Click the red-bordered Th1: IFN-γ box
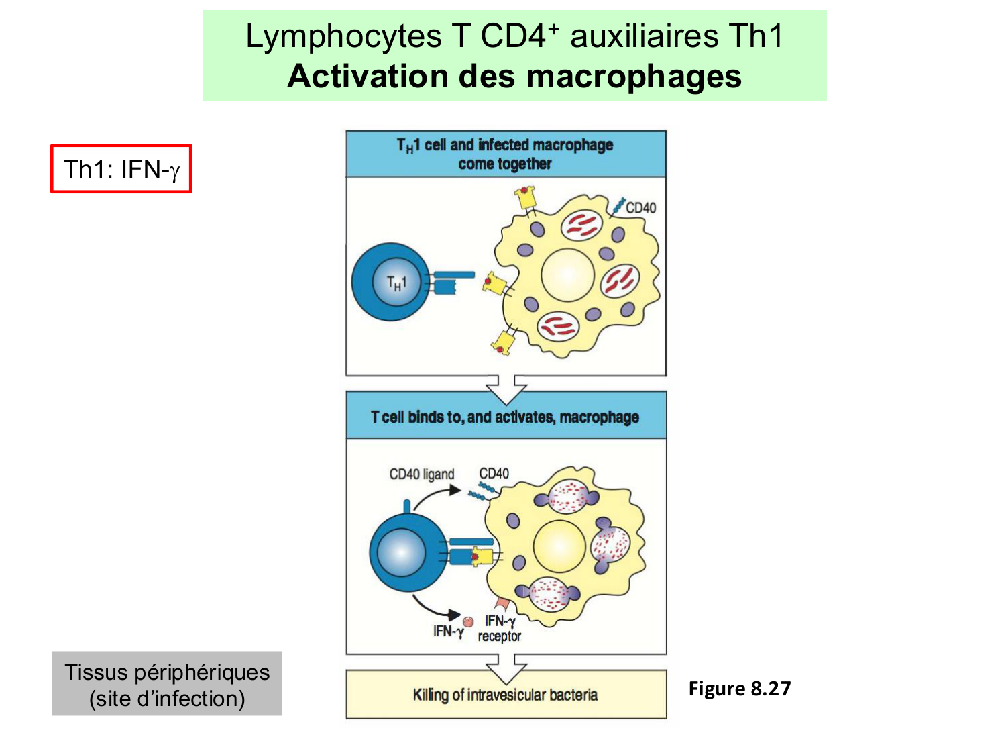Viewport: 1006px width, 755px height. click(x=121, y=169)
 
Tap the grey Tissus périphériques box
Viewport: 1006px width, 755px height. click(x=167, y=684)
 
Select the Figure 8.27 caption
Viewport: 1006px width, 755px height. click(x=739, y=689)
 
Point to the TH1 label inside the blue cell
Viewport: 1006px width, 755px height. click(x=396, y=283)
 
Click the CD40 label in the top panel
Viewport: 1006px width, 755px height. click(x=640, y=208)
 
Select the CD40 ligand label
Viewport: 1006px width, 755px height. click(x=421, y=474)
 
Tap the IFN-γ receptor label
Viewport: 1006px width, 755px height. click(x=500, y=629)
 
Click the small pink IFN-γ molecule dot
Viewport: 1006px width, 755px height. click(x=468, y=622)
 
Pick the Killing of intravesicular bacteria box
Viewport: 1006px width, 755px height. click(x=506, y=695)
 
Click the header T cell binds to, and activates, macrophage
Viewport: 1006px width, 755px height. click(x=506, y=417)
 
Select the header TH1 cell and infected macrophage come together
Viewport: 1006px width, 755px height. click(x=506, y=154)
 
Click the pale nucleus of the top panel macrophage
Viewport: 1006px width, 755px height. click(x=567, y=275)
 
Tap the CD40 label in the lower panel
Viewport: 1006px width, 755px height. click(x=494, y=474)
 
